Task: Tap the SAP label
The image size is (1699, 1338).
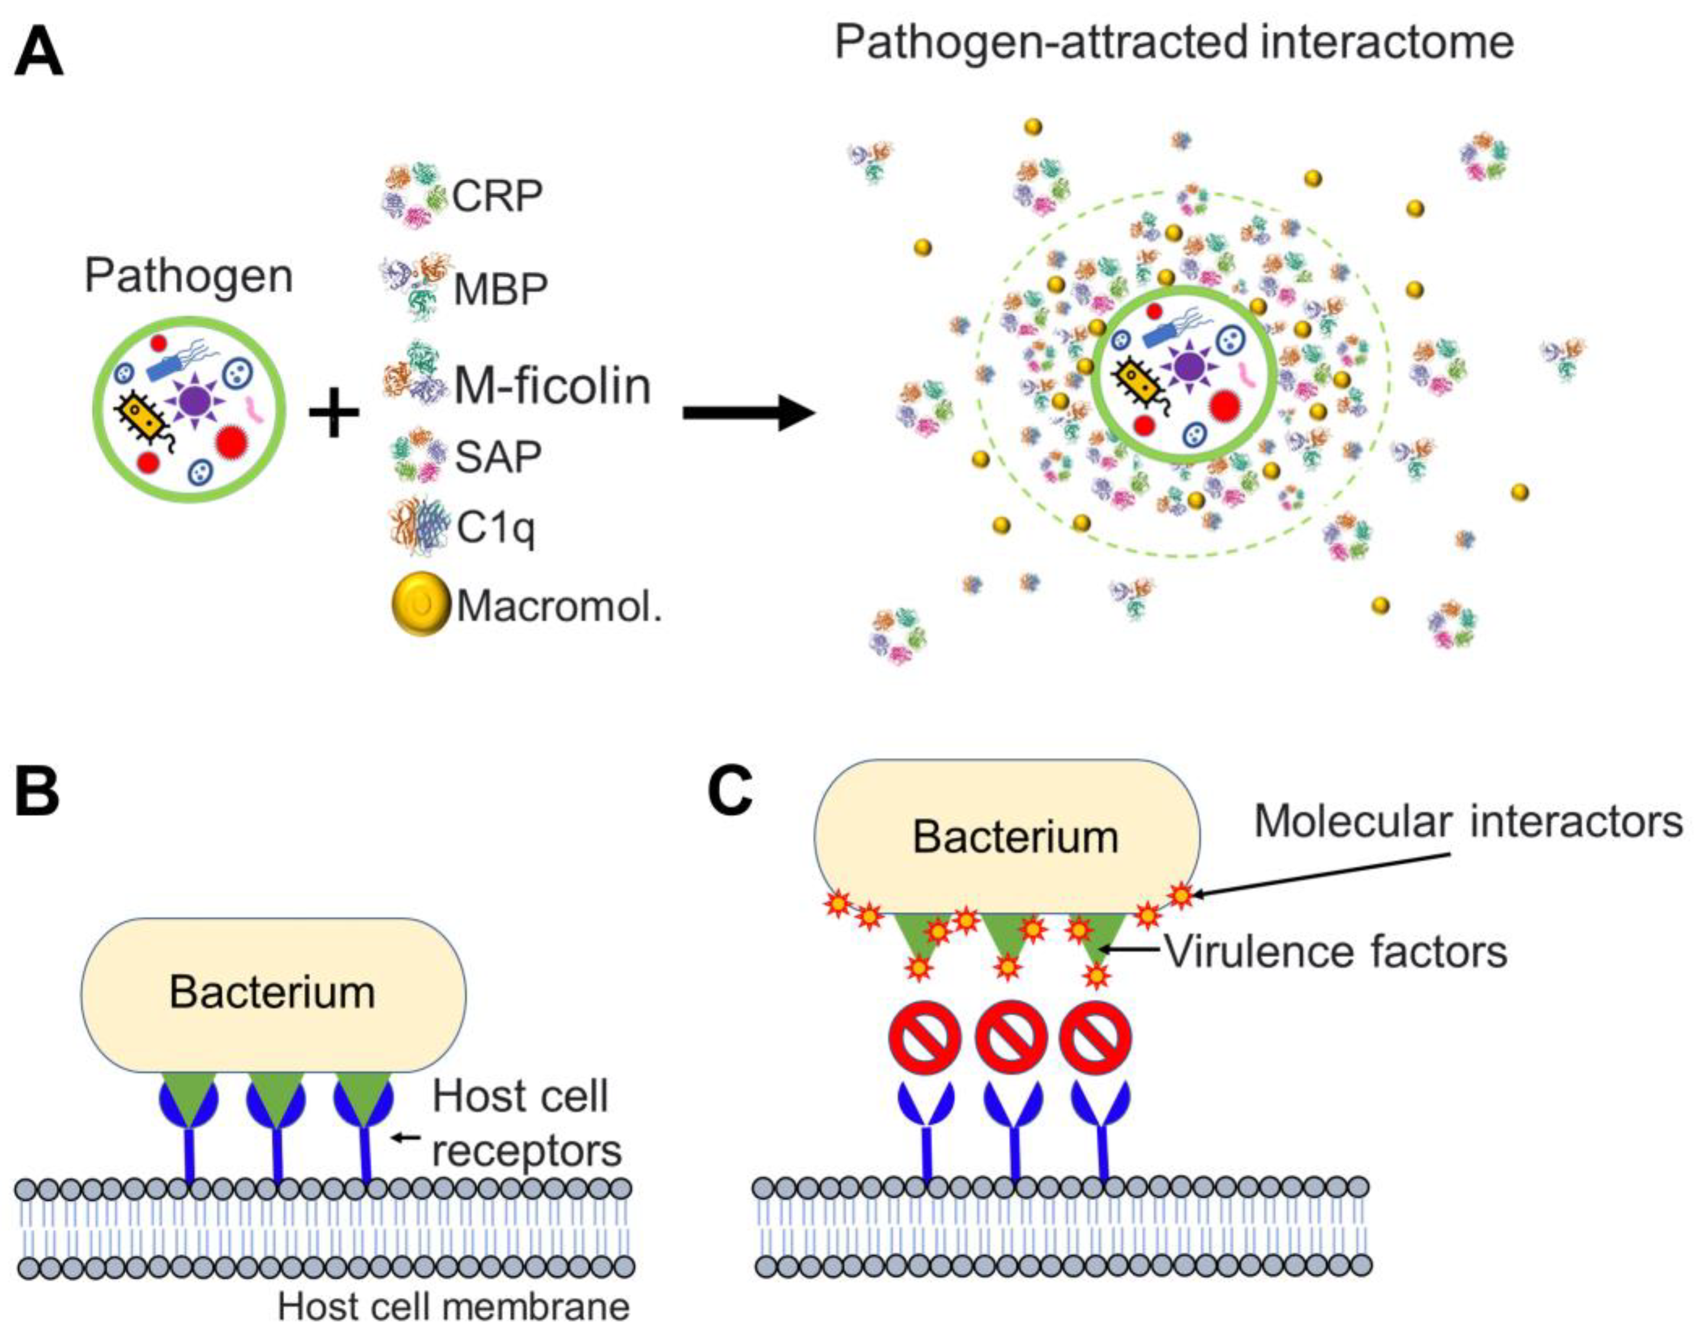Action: click(x=498, y=456)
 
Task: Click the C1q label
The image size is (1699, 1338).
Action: click(x=495, y=528)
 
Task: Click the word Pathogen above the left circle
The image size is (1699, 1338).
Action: click(x=188, y=277)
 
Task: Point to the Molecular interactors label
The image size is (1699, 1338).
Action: click(x=1468, y=822)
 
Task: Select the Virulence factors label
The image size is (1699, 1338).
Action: click(x=1336, y=952)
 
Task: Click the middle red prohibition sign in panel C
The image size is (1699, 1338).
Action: click(x=1010, y=1039)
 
